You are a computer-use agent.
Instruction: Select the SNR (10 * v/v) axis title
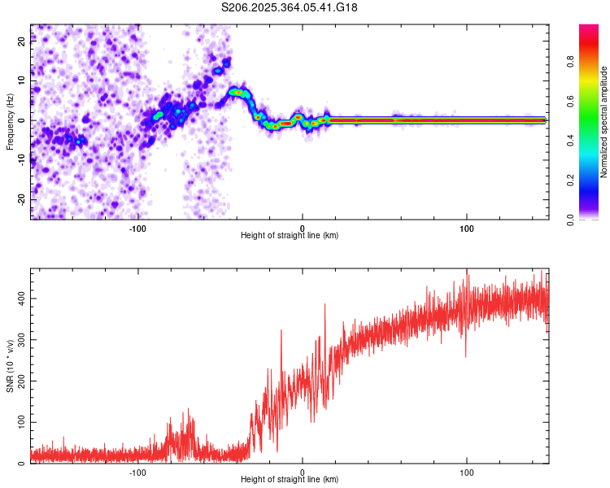(10, 366)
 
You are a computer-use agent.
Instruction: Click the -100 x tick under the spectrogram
(138, 229)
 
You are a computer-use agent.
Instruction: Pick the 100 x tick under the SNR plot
(467, 473)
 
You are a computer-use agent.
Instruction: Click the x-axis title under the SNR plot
(290, 480)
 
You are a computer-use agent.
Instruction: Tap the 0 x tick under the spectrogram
(303, 229)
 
